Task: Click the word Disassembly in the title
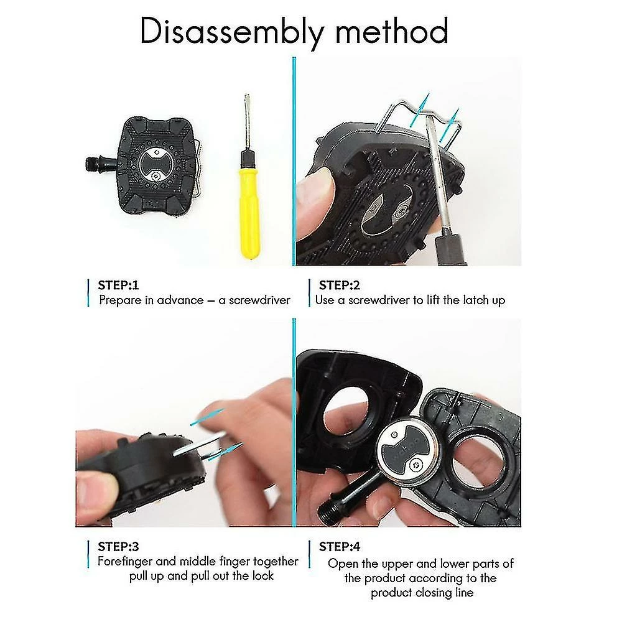click(232, 32)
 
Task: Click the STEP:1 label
click(118, 285)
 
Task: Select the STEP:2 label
click(339, 285)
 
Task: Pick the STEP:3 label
click(118, 547)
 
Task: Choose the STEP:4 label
click(339, 547)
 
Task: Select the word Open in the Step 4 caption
click(343, 564)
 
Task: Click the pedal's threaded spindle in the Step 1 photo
click(95, 164)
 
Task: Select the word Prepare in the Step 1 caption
click(120, 300)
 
